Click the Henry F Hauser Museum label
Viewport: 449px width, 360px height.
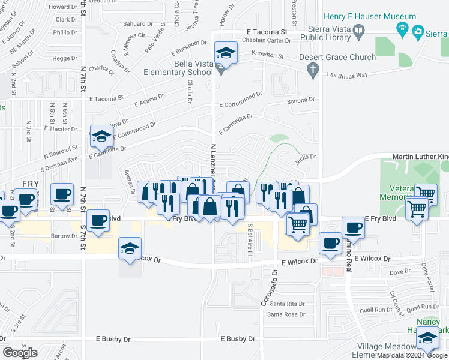pyautogui.click(x=369, y=16)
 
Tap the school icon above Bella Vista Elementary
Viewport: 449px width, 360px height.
pyautogui.click(x=226, y=54)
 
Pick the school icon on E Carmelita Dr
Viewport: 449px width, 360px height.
pyautogui.click(x=102, y=136)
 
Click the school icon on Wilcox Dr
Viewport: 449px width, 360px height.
pyautogui.click(x=130, y=249)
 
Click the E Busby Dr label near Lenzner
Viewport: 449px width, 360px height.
pyautogui.click(x=237, y=339)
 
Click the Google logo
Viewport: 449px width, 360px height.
pyautogui.click(x=20, y=353)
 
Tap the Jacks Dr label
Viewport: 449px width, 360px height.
pyautogui.click(x=306, y=157)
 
